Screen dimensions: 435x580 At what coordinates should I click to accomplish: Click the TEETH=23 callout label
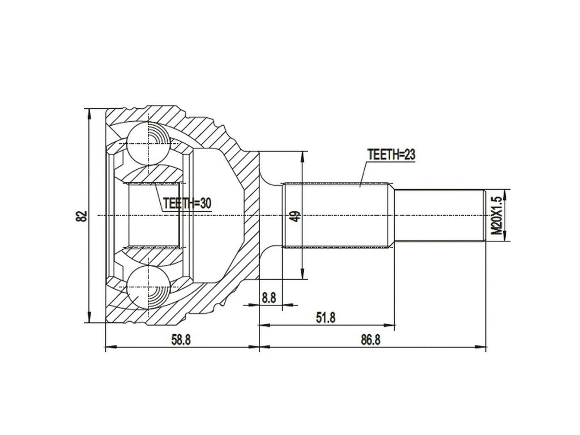tap(391, 154)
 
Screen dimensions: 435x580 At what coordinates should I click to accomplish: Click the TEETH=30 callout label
tap(186, 203)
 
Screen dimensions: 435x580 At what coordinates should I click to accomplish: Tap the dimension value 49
tap(293, 216)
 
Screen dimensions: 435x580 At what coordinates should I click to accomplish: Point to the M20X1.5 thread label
tap(496, 216)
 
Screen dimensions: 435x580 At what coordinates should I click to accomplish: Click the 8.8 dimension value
tap(269, 297)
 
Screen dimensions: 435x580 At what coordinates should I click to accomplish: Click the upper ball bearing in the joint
tap(148, 143)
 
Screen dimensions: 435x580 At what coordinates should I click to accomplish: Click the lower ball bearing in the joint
tap(148, 287)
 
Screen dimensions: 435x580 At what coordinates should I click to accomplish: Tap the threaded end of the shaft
tap(440, 215)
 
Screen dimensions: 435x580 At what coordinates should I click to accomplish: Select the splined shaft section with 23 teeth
tap(336, 215)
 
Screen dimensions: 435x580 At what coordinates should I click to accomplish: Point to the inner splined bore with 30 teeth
tap(153, 215)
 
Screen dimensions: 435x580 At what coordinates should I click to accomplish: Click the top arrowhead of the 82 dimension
tap(88, 112)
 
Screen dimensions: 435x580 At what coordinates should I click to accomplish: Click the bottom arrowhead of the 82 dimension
tap(88, 319)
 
